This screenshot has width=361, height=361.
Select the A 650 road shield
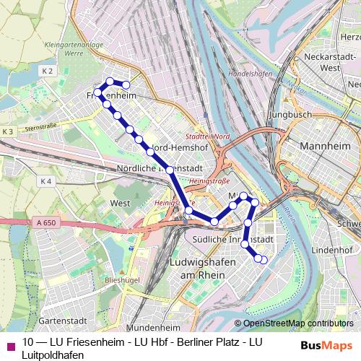45,224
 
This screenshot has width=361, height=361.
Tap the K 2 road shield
48,71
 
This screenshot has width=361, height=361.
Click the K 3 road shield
8,131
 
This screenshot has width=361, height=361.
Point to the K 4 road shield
46,181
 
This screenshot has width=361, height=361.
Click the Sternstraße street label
40,126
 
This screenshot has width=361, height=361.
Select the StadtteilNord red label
207,136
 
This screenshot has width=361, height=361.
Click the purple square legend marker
9,345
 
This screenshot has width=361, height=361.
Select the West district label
121,203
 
